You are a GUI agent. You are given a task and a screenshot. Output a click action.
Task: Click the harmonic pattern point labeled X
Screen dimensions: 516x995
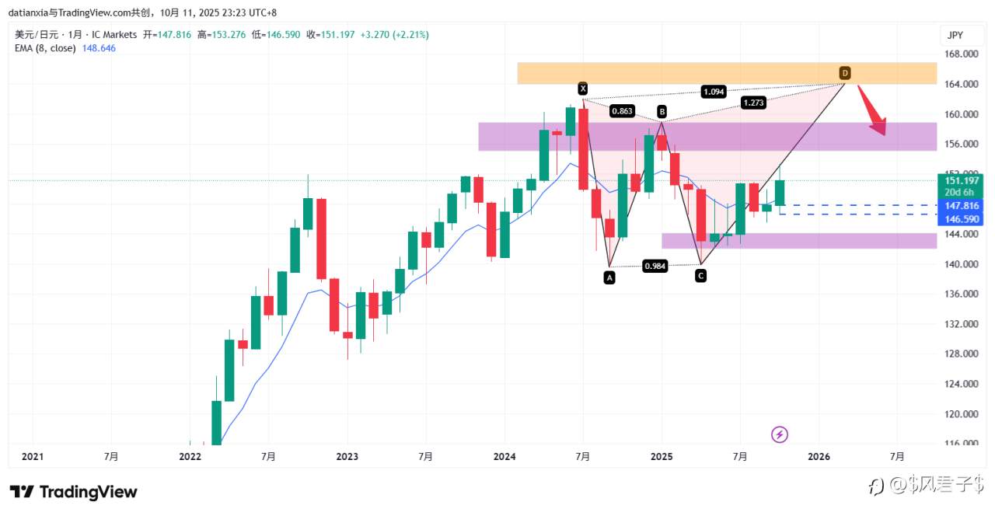(582, 89)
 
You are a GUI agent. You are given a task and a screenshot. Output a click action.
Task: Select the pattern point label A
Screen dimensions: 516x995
(609, 277)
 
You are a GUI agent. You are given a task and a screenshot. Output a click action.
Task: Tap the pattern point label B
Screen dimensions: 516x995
(662, 111)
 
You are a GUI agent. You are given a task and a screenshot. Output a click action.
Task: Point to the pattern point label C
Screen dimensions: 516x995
(700, 276)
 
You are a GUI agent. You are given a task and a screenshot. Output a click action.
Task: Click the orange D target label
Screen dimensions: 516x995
(845, 73)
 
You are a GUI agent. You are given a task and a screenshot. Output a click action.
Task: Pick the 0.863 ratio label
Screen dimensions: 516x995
(622, 111)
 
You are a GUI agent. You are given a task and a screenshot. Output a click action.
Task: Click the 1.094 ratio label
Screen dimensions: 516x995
(713, 91)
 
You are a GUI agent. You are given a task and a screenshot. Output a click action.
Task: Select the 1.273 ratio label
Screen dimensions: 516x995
(752, 103)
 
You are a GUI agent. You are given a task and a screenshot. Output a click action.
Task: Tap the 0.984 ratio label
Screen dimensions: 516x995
(655, 267)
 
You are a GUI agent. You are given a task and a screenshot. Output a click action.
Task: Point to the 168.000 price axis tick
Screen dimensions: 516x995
(961, 54)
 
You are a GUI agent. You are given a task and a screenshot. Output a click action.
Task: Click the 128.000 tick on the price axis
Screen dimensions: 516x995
(961, 354)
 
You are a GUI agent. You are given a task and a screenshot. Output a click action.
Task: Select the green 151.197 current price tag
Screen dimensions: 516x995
(961, 181)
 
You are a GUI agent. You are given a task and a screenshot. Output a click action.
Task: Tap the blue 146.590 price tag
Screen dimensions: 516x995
(961, 220)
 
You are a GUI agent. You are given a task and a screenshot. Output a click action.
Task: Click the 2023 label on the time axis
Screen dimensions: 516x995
(347, 457)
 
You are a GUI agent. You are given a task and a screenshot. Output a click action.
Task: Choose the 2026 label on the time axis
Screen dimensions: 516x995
(819, 457)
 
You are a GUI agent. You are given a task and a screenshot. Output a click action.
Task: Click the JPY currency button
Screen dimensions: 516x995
(955, 35)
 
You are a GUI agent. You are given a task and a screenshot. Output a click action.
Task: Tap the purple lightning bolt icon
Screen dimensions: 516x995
(780, 434)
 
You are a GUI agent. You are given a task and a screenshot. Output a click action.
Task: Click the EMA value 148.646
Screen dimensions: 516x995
(99, 48)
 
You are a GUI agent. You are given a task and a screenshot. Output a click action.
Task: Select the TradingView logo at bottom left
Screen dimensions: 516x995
(74, 492)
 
